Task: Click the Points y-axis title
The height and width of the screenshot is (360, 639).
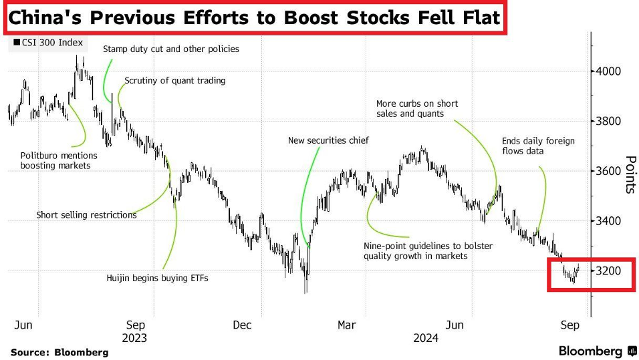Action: (630, 174)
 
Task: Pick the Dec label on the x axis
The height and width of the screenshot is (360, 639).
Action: (243, 325)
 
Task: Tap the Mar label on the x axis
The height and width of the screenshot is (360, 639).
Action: (347, 325)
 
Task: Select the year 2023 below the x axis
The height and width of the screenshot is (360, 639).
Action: (134, 338)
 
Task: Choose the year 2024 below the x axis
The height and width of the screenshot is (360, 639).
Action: (426, 338)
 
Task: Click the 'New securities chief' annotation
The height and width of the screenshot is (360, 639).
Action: (328, 141)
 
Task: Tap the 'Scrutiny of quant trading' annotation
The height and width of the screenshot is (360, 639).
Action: (175, 81)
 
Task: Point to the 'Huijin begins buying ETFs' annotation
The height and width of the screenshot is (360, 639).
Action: (158, 278)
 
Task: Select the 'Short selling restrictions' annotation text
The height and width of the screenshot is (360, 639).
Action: (86, 215)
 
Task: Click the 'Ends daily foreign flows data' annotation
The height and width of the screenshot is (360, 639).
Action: (538, 146)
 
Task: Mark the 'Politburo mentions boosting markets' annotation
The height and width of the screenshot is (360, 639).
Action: (59, 160)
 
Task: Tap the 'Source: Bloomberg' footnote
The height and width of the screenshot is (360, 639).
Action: (59, 352)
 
